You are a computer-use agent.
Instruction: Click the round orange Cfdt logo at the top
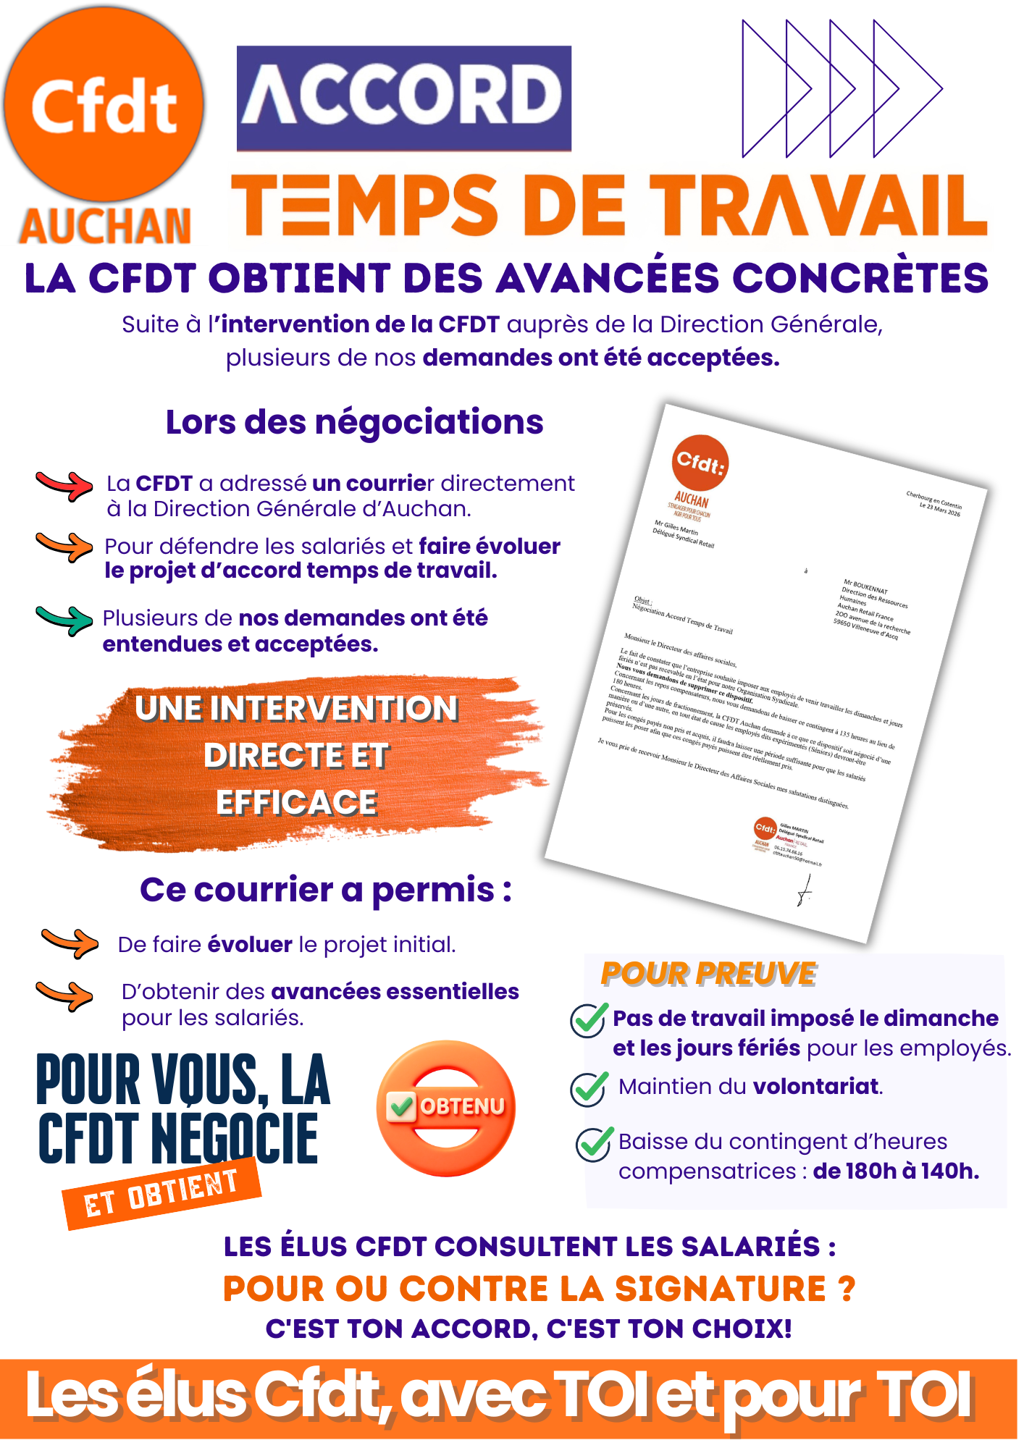104,105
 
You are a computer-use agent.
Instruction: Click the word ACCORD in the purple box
403,96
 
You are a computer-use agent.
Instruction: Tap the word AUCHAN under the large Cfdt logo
106,227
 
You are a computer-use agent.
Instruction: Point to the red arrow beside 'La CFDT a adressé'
64,485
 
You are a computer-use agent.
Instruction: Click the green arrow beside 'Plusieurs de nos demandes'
64,620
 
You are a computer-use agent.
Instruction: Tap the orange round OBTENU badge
446,1108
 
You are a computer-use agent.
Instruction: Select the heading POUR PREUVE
708,975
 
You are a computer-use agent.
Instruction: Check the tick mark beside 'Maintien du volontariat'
589,1088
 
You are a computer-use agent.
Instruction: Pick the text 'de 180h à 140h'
896,1171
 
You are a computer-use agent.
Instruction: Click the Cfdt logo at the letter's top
700,462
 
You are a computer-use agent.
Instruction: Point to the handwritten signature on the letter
805,890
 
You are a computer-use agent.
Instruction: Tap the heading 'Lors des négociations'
354,422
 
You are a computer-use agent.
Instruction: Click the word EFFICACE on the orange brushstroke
297,803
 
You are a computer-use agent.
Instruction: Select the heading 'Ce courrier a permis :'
326,890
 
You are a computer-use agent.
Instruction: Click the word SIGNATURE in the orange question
721,1289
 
